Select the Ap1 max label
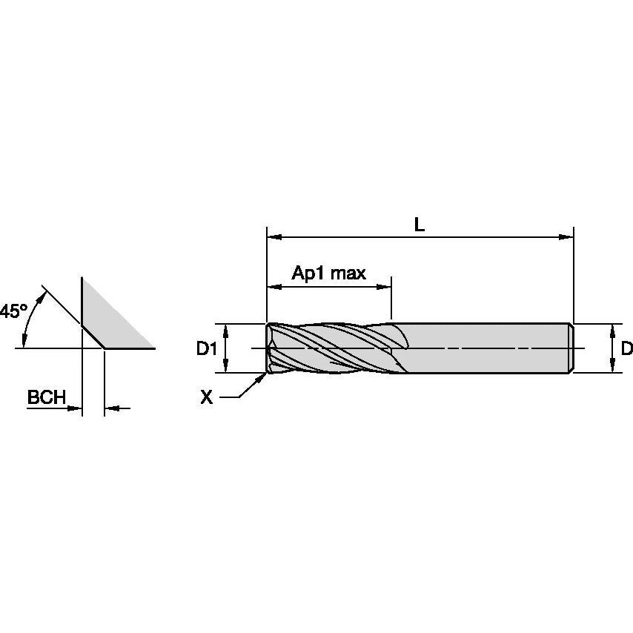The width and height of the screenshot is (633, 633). click(328, 274)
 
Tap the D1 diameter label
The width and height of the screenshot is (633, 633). click(207, 348)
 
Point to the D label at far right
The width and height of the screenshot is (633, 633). click(626, 348)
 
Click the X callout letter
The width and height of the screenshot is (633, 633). click(207, 398)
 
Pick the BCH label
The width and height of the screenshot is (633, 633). click(47, 397)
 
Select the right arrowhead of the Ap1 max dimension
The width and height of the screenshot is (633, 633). click(385, 286)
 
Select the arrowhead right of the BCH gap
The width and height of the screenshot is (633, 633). click(110, 408)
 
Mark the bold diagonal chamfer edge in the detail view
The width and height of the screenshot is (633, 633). click(92, 335)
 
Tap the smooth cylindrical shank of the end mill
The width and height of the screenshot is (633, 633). click(489, 348)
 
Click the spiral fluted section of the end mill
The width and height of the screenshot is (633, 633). click(334, 348)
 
